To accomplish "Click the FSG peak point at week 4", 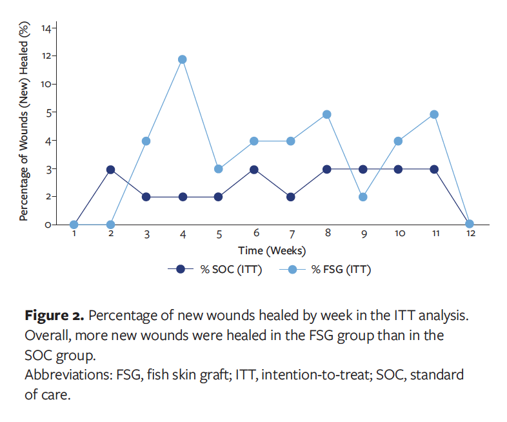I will click(x=183, y=59).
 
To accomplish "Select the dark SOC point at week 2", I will click(x=110, y=170).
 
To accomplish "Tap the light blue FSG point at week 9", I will click(x=363, y=197).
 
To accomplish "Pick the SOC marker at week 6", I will click(x=255, y=170).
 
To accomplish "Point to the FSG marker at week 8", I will click(x=327, y=114).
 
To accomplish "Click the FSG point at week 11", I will click(x=435, y=114).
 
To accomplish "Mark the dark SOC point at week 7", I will click(x=291, y=197).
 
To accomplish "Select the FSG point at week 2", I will click(x=110, y=225).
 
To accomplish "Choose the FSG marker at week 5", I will click(x=219, y=169).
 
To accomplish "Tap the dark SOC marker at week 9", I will click(x=363, y=170).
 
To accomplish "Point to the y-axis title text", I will click(x=24, y=123).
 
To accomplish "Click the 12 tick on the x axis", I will click(x=471, y=234).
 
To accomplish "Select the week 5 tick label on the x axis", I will click(x=219, y=234).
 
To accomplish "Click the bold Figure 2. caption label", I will click(x=54, y=316).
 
